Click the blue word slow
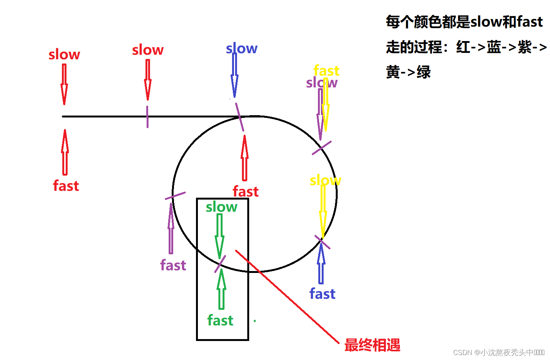pos(242,49)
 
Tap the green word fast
pos(220,320)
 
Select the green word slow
pos(221,207)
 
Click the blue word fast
pos(322,294)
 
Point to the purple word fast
pos(173,265)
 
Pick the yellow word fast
pos(326,71)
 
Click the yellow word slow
pos(325,180)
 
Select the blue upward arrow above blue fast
pos(321,264)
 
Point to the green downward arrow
pos(220,236)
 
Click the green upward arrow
pos(221,289)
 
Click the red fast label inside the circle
pos(246,192)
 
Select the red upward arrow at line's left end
pos(65,152)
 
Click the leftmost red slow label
pos(64,55)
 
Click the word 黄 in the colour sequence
pos(393,72)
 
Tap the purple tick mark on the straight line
pos(147,117)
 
